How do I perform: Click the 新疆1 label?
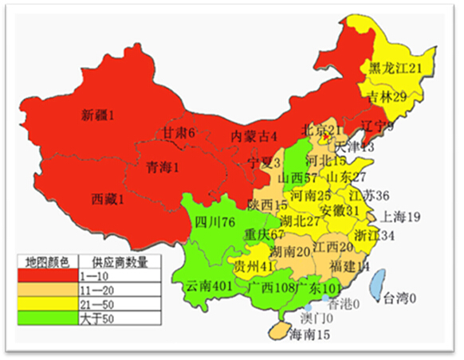98,115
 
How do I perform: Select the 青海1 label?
162,167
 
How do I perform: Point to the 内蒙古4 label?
254,136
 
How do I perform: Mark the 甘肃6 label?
179,132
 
